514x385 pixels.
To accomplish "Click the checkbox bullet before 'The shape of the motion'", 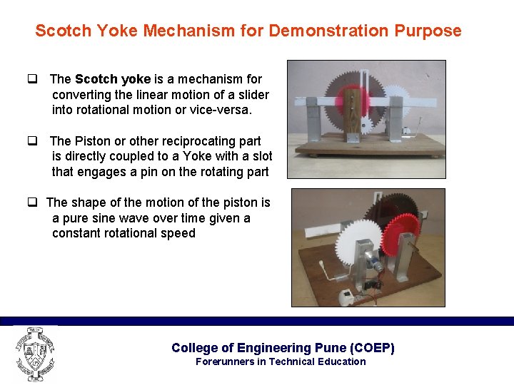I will pos(32,203).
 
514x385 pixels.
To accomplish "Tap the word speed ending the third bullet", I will pos(178,233).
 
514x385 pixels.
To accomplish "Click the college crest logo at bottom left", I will pos(34,354).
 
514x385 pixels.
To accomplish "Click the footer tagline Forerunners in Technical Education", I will pos(280,361).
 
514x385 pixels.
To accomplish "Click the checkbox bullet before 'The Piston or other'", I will pos(32,141).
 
